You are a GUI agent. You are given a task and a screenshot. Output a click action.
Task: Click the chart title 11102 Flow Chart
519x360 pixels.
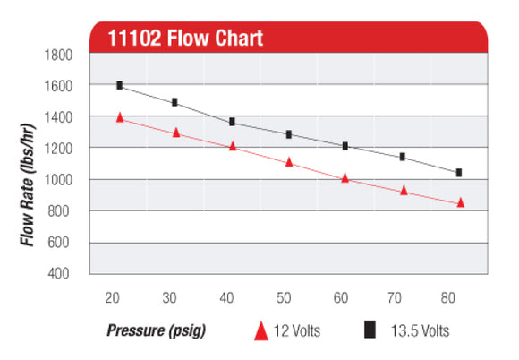(184, 39)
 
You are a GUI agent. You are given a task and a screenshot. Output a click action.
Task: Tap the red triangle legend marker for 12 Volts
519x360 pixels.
(261, 331)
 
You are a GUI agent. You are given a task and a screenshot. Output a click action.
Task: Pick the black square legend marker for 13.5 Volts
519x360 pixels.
(368, 330)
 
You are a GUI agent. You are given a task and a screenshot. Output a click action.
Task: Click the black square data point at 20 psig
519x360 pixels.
(119, 85)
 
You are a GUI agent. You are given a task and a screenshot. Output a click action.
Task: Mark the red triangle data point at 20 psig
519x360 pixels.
(119, 117)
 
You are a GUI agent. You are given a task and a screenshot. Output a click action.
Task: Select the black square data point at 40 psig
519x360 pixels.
(233, 122)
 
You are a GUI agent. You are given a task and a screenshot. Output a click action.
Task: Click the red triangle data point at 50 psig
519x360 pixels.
(289, 162)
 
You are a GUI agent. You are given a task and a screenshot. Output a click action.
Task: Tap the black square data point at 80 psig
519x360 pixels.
(459, 172)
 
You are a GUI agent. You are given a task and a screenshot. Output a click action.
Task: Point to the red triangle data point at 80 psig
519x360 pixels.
(460, 202)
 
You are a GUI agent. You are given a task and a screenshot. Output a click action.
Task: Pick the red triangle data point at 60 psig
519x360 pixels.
(345, 177)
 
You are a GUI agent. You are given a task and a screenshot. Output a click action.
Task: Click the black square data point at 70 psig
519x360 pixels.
(403, 157)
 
